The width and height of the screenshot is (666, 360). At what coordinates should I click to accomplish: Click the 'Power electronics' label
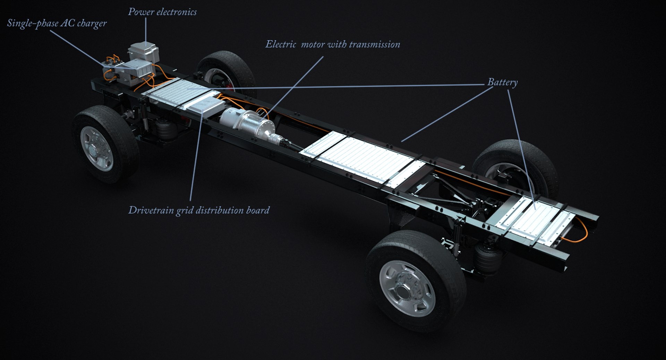pos(162,12)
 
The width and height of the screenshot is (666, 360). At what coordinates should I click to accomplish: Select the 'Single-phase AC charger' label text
pos(57,23)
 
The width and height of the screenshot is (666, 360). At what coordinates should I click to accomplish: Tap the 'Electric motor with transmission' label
pos(332,44)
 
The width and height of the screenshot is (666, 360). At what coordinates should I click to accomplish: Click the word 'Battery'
pos(502,82)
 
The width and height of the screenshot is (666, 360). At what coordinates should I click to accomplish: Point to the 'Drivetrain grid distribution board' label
pos(199,210)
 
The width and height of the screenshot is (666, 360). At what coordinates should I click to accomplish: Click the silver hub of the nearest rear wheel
pos(409,288)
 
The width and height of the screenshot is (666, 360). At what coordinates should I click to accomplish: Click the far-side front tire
pos(225,69)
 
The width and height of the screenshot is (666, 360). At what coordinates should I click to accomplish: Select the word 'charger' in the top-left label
pos(92,24)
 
